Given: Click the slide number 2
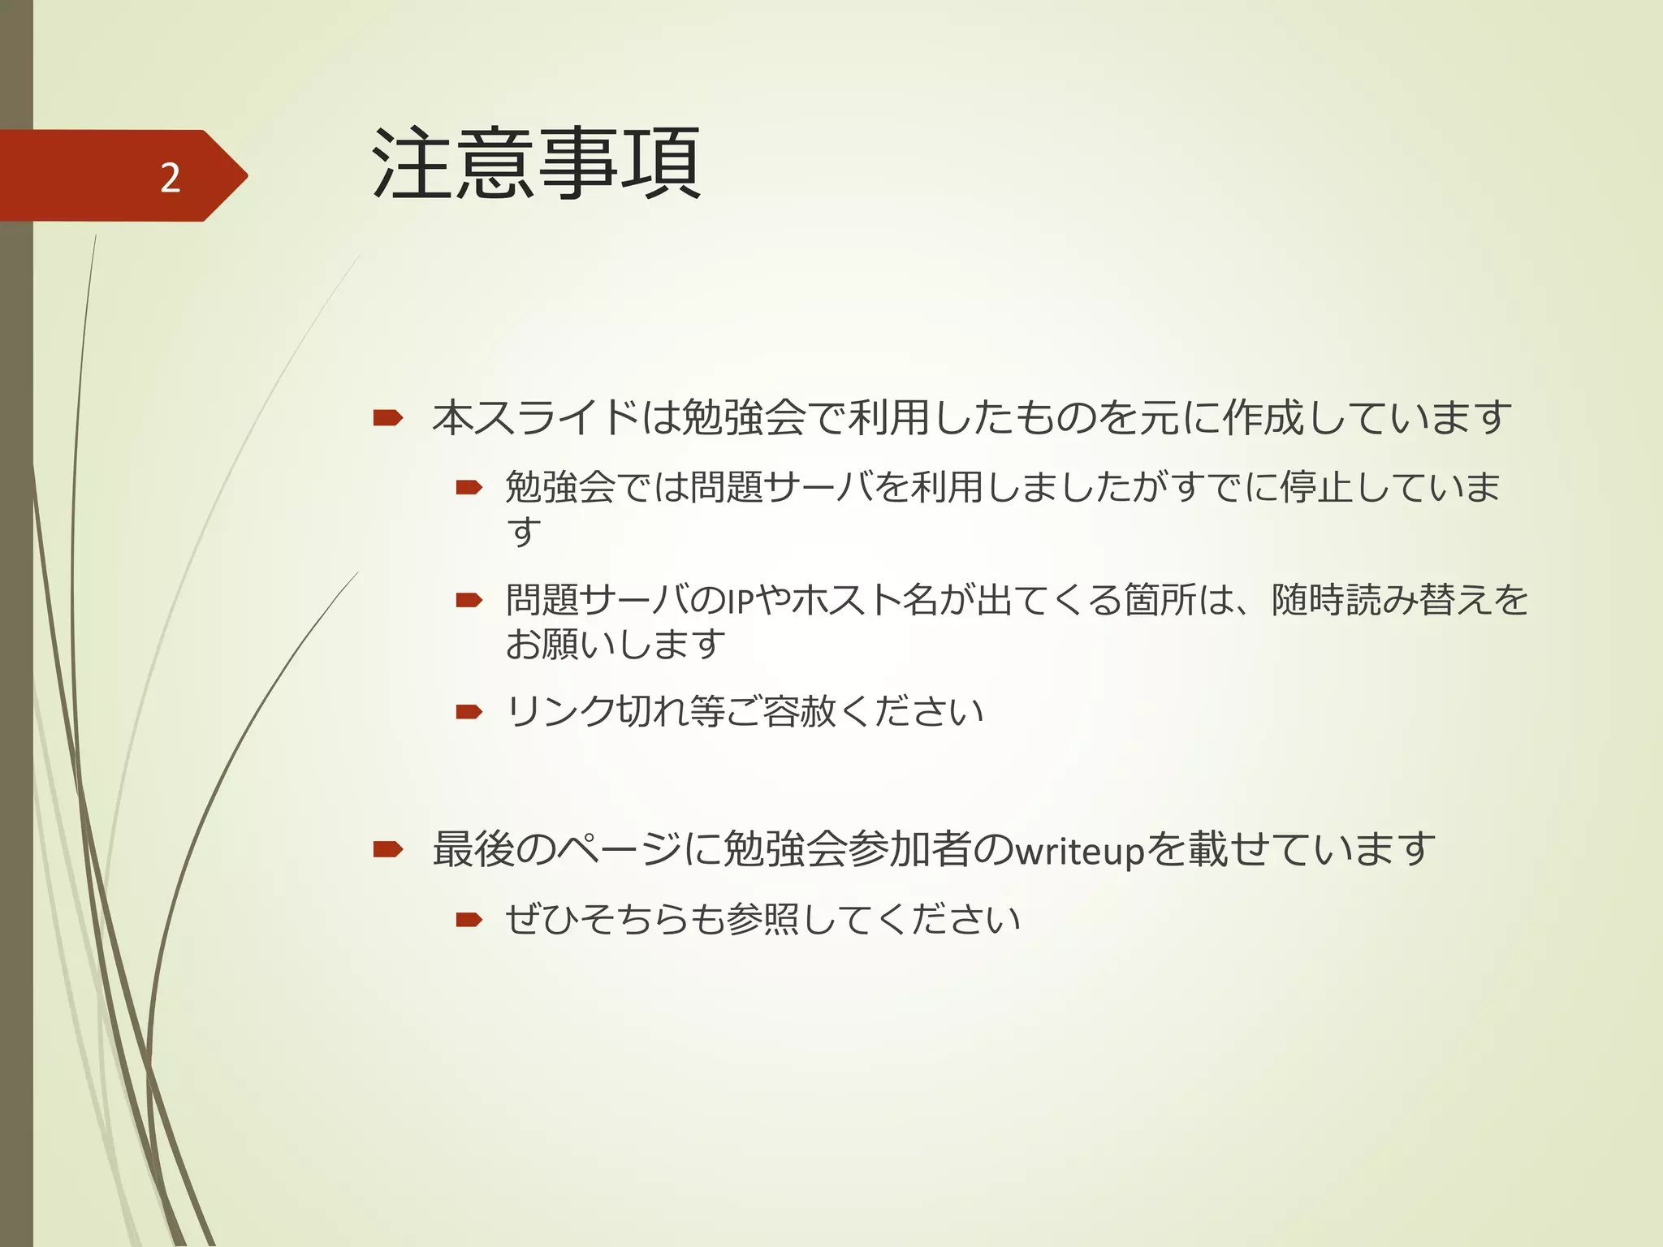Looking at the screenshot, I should (x=170, y=177).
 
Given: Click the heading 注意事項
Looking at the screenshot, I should (x=536, y=164).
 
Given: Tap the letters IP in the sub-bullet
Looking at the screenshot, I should (x=741, y=602).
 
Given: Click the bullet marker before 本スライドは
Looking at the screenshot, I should (x=388, y=418).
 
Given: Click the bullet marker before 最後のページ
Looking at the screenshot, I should (x=388, y=849).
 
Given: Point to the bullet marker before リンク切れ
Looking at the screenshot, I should (x=469, y=712).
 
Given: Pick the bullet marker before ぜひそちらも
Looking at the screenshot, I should (x=469, y=919).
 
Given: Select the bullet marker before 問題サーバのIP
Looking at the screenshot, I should (x=469, y=601).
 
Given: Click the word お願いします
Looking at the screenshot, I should (x=615, y=645).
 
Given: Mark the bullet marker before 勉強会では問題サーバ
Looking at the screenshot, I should (x=469, y=487).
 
